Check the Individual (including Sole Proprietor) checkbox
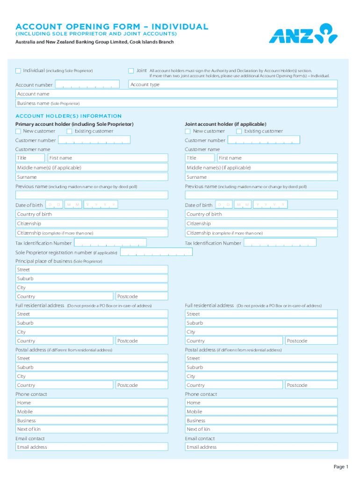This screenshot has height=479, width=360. (18, 71)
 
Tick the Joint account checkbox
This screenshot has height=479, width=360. (131, 71)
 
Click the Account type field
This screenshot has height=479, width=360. (233, 84)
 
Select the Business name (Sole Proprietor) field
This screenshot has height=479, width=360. (176, 103)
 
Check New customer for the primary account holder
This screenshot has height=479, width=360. (18, 131)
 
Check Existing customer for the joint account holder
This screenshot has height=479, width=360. (239, 131)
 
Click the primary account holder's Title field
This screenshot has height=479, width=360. (30, 158)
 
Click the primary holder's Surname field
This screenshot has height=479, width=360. (92, 177)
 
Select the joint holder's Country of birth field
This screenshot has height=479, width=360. (261, 214)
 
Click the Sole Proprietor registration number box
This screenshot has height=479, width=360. (156, 252)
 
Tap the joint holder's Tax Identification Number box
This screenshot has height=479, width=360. (281, 243)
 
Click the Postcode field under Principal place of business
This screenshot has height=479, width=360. (142, 297)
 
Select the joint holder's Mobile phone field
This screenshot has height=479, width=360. (261, 412)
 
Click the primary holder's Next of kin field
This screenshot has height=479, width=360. (92, 429)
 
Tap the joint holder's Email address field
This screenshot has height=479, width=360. (261, 447)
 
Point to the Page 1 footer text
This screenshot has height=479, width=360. (341, 467)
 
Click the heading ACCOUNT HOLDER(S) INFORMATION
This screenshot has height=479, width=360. (69, 116)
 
